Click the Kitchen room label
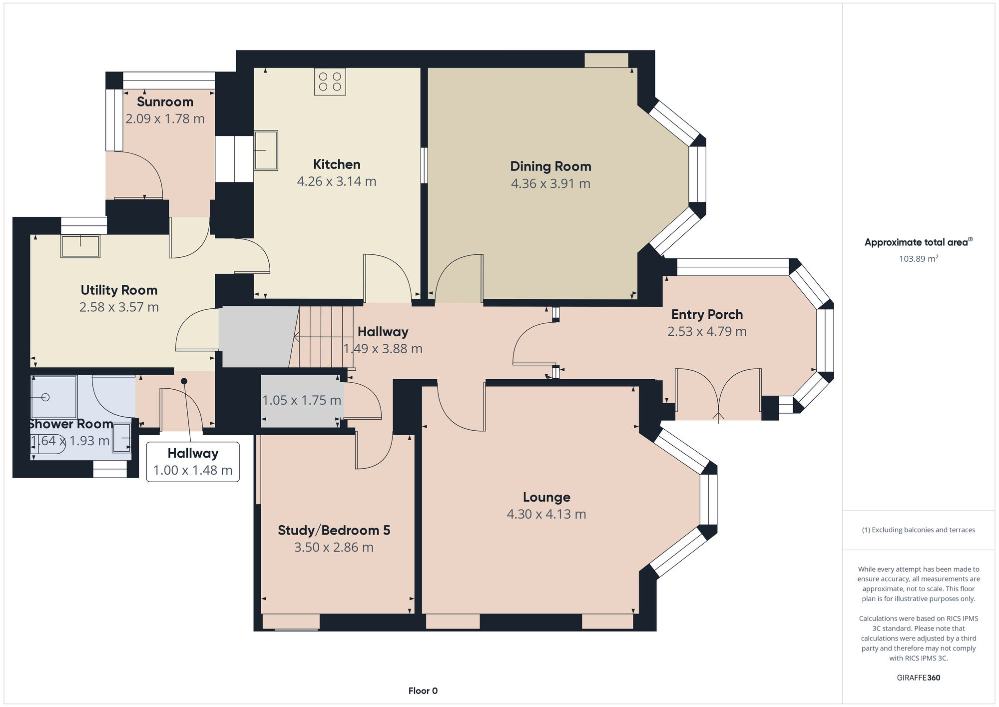click(336, 164)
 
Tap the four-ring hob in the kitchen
click(330, 82)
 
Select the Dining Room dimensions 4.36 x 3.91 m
click(550, 184)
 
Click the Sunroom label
click(165, 102)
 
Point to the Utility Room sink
click(80, 246)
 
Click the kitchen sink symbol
click(266, 150)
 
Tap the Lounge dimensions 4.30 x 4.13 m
click(546, 514)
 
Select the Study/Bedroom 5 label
click(334, 530)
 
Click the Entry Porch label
click(707, 315)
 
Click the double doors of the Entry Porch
click(718, 395)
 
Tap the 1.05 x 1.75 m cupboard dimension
click(302, 400)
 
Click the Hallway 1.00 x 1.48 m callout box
click(193, 462)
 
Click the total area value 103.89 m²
click(918, 259)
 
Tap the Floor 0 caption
click(423, 691)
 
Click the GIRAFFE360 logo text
click(918, 678)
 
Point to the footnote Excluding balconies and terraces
click(918, 530)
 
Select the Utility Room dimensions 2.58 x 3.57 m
click(119, 307)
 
